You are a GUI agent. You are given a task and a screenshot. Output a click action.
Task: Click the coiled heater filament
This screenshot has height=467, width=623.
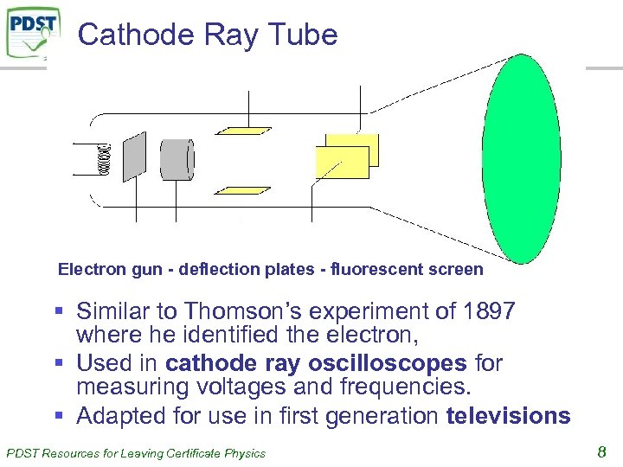105,159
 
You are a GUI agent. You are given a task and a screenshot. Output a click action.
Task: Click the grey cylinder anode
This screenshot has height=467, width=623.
177,159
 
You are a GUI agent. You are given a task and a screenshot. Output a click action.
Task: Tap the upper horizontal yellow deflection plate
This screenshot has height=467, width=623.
244,131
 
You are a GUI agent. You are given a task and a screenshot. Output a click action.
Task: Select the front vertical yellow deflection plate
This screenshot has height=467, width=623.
343,163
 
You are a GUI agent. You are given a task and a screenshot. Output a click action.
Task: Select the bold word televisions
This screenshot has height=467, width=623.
508,416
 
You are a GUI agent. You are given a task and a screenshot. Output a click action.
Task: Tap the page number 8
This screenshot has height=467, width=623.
601,451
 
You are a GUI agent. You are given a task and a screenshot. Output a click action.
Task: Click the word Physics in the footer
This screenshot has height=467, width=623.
244,452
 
